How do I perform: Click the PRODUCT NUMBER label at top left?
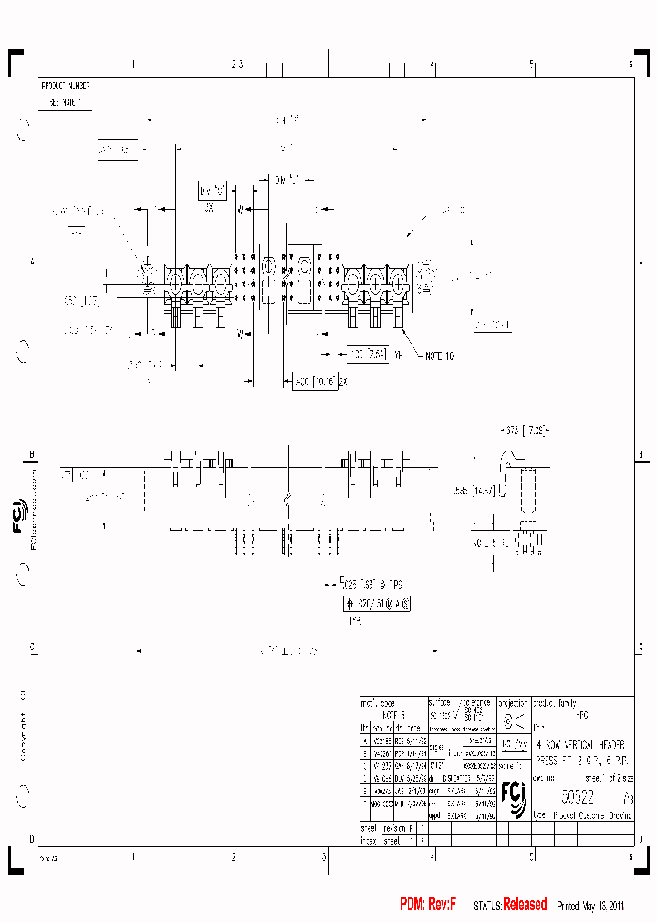[66, 85]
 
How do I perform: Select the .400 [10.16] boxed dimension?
[314, 381]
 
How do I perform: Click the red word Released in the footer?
[525, 905]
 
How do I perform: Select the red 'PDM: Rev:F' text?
[427, 905]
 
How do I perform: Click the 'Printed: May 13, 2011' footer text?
[589, 906]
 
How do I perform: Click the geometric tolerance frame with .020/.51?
[376, 604]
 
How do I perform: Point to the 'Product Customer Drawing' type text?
[593, 815]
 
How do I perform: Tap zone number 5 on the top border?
[531, 65]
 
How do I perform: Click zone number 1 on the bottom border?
[133, 856]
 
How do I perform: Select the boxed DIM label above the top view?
[211, 192]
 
